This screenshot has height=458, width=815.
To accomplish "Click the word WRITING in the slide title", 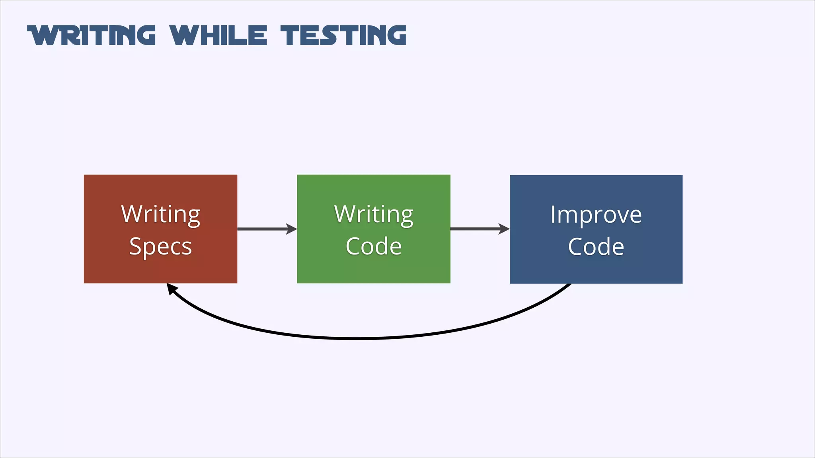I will coord(92,35).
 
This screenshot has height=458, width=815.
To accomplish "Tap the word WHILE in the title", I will coord(218,35).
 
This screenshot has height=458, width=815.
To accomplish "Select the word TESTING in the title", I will coord(343,35).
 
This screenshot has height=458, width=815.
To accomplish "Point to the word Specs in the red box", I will coord(160,246).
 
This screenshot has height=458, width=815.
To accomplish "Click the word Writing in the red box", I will coord(160,215).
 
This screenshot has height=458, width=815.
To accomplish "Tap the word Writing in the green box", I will coord(373,215).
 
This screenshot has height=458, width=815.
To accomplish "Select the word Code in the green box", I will coord(373,246).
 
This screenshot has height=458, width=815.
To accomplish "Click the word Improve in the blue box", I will coord(596,215).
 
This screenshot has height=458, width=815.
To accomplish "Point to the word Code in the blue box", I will coord(596,246).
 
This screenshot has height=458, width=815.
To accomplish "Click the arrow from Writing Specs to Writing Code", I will coord(263,229).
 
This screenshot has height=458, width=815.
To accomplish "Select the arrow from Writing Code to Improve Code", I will coord(476,229).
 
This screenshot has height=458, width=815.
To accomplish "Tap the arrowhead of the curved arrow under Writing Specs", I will coord(172,288).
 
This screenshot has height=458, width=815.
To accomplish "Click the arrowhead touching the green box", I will coord(292,229).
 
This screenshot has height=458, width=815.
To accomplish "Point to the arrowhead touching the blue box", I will coord(504,229).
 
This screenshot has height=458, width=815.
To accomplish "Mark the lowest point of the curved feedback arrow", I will coord(356,338).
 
